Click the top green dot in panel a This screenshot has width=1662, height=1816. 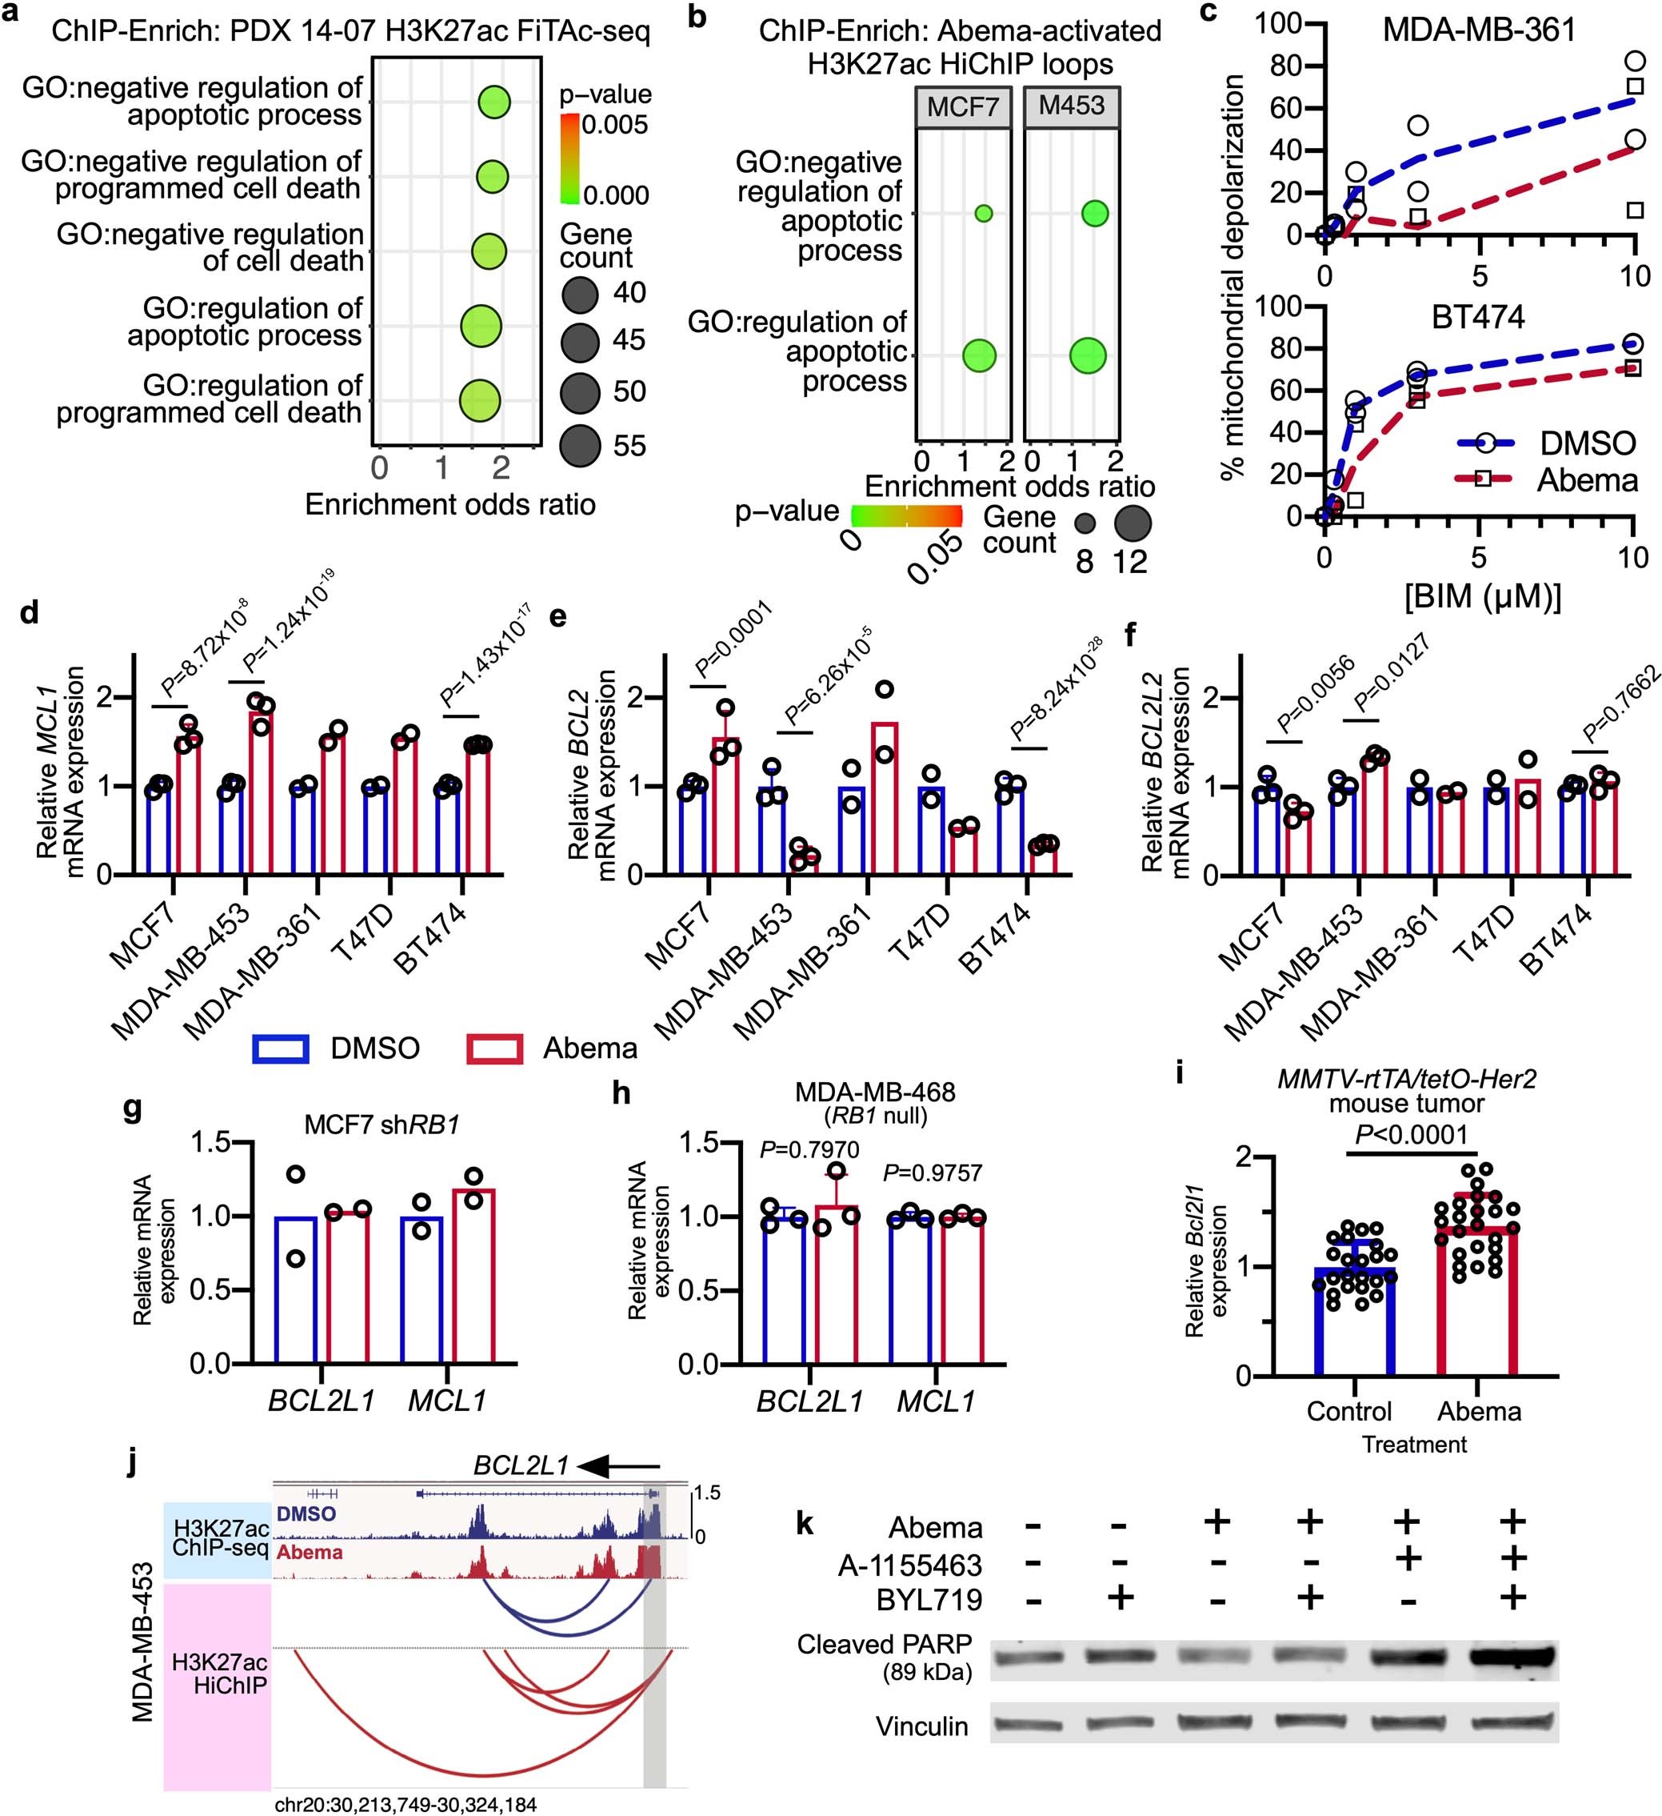[x=494, y=102]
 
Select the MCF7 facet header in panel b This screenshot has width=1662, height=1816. [x=962, y=107]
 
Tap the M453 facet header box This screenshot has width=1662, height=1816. [x=1072, y=106]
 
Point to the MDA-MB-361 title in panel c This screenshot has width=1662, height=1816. [x=1479, y=30]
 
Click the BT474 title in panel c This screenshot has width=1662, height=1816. [x=1478, y=317]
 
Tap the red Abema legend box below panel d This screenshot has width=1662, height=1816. [x=494, y=1048]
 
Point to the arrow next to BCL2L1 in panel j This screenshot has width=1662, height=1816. [x=618, y=1466]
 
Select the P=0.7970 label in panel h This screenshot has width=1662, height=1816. [x=809, y=1149]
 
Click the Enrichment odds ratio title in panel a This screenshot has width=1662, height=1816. [x=450, y=504]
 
